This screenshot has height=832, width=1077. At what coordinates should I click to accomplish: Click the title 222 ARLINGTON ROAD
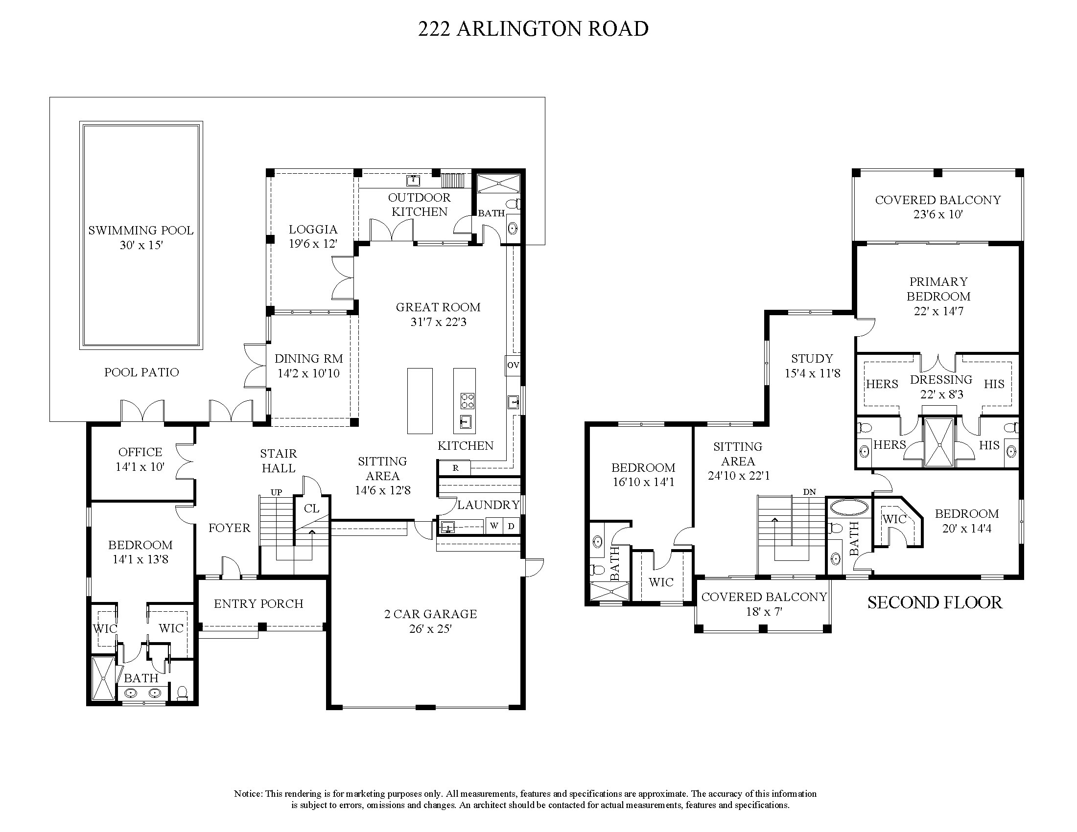tap(533, 29)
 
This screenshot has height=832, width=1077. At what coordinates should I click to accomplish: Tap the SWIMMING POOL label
tap(140, 231)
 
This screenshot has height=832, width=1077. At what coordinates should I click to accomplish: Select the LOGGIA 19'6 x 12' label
tap(313, 236)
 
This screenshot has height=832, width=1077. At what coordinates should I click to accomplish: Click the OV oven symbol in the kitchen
tap(513, 365)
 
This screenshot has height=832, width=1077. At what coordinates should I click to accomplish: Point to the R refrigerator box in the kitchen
tap(455, 468)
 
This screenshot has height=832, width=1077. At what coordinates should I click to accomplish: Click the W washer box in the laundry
tap(494, 526)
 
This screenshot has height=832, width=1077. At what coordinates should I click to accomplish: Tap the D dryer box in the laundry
tap(512, 526)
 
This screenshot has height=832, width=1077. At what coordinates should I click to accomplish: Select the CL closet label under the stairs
tap(311, 508)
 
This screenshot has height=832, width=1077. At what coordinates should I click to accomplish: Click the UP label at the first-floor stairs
tap(276, 492)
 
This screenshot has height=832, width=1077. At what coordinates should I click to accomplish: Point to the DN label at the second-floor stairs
tap(809, 492)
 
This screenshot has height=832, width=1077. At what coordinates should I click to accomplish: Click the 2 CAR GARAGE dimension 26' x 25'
tap(430, 629)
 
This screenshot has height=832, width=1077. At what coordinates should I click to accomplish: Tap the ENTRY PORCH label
tap(258, 604)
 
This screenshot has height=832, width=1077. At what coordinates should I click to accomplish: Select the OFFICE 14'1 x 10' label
tap(140, 460)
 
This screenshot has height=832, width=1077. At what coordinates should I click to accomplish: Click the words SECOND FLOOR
tap(935, 603)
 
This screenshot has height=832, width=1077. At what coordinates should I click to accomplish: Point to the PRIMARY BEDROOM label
tap(938, 289)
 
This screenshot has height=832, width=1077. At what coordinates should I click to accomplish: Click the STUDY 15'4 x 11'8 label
tap(812, 366)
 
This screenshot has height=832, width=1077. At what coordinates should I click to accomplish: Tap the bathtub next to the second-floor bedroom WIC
tap(848, 508)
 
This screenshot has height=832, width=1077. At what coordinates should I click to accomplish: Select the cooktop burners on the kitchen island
tap(467, 401)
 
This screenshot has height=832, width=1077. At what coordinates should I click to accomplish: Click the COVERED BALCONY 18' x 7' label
tap(764, 604)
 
